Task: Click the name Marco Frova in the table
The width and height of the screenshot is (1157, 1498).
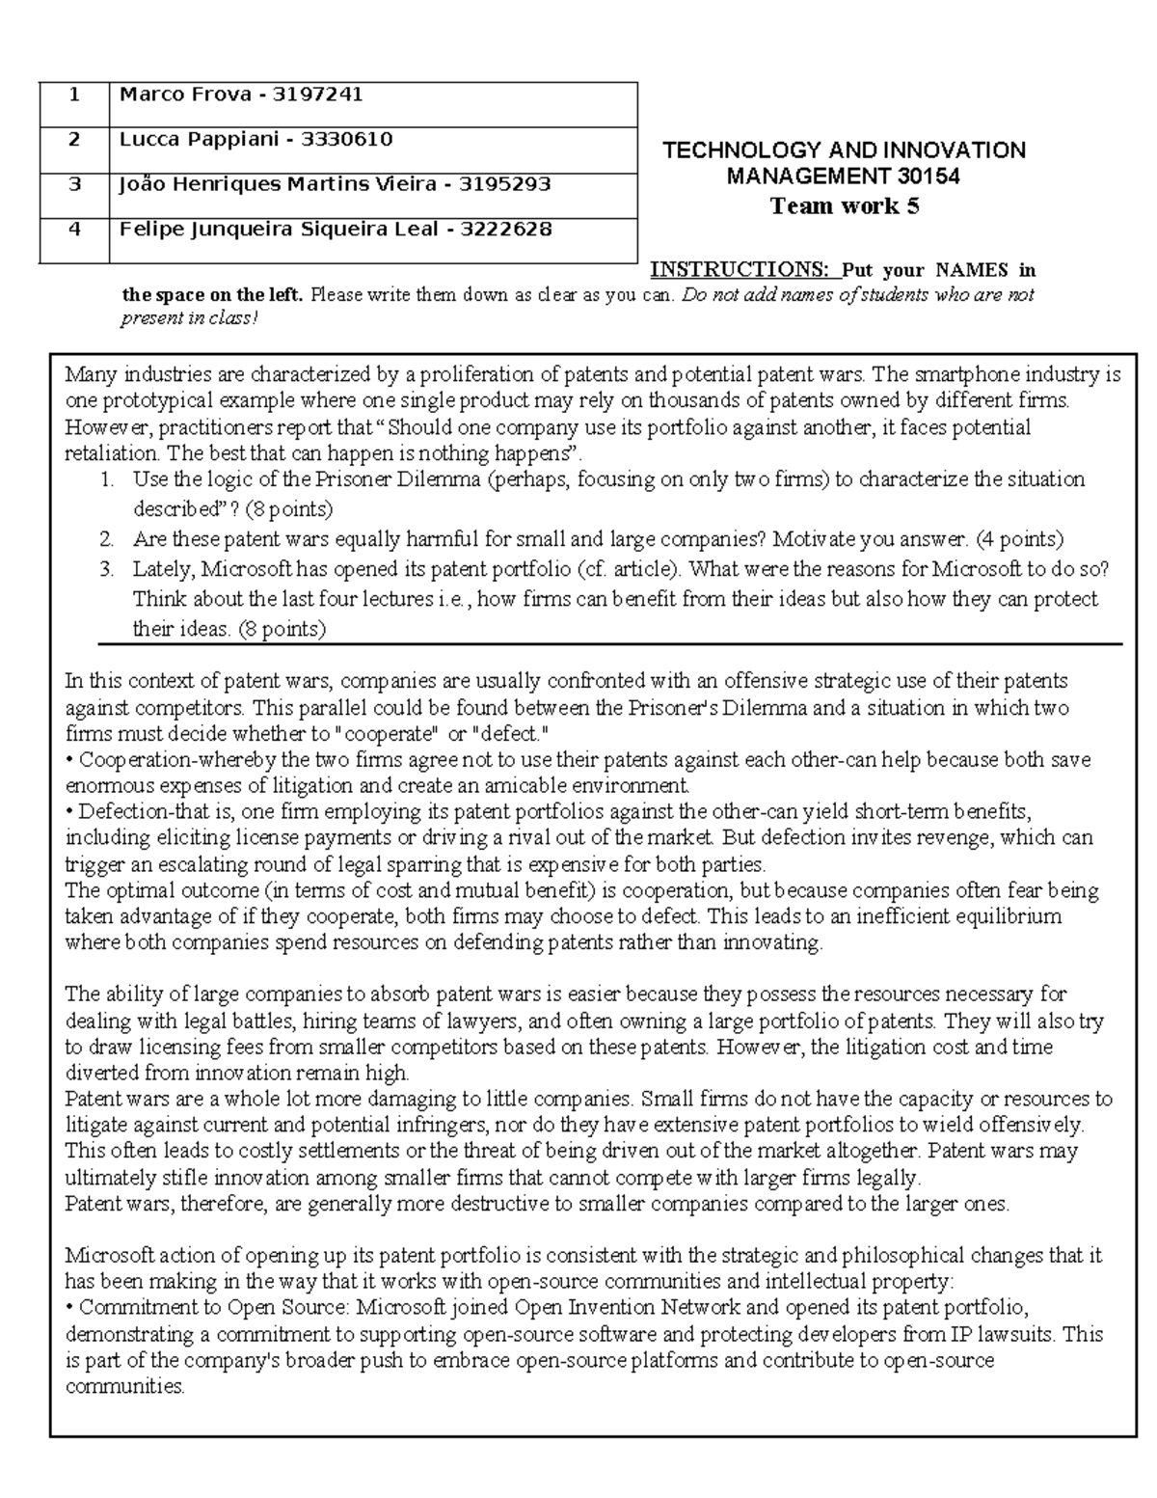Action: click(x=189, y=95)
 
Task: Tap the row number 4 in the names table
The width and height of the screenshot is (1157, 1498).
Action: click(x=74, y=230)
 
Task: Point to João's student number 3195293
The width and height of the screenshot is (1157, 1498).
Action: click(x=504, y=184)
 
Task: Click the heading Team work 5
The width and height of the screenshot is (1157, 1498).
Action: click(x=844, y=205)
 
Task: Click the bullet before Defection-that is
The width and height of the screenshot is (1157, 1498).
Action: click(x=69, y=811)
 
